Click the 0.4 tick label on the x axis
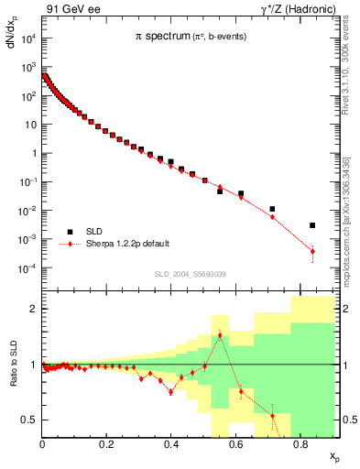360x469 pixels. [171, 445]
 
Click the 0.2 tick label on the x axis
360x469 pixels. [107, 445]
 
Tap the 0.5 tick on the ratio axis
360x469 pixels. [29, 420]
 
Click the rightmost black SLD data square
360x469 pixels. [312, 225]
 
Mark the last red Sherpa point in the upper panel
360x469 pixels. [312, 251]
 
